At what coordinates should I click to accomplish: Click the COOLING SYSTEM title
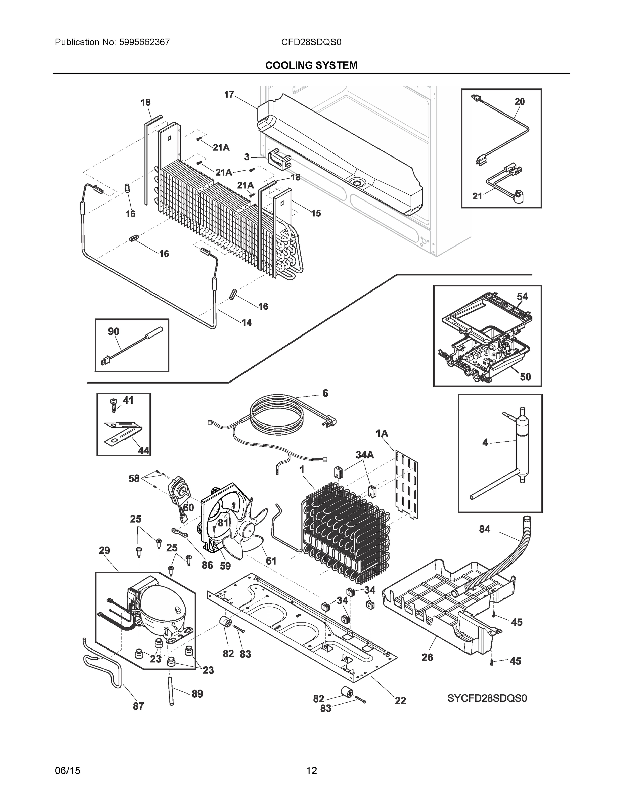click(x=311, y=65)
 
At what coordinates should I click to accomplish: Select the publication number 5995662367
click(x=144, y=42)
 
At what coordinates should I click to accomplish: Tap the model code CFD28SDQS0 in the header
click(x=311, y=42)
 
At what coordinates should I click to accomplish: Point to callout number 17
click(x=229, y=94)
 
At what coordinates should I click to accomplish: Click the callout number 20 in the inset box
click(x=519, y=101)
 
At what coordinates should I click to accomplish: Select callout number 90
click(x=113, y=331)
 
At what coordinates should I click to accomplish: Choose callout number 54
click(x=522, y=296)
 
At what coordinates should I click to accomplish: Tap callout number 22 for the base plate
click(x=400, y=700)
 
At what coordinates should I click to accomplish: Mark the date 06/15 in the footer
click(x=68, y=771)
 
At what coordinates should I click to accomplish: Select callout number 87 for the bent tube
click(x=138, y=706)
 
